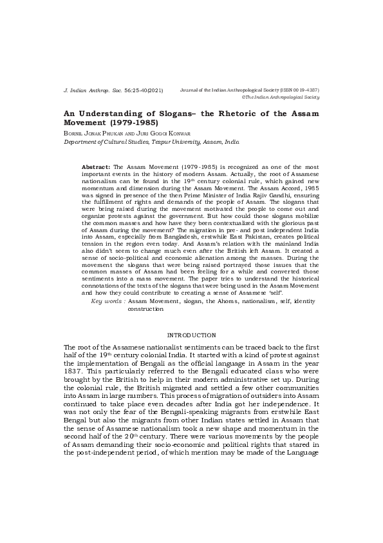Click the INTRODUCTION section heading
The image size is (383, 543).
coord(191,335)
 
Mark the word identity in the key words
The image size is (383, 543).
coord(304,302)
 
